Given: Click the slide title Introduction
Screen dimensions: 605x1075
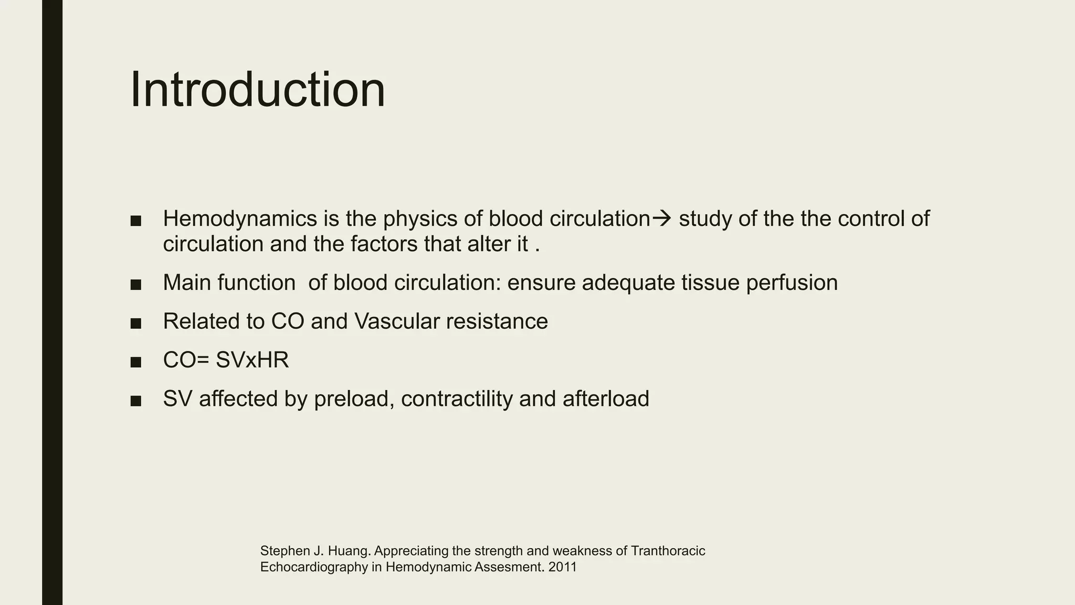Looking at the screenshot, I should tap(257, 90).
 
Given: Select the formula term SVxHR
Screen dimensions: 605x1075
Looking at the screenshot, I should tap(252, 360).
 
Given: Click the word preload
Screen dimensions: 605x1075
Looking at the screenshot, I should tap(354, 399).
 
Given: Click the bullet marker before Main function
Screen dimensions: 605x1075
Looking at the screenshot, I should tap(136, 285).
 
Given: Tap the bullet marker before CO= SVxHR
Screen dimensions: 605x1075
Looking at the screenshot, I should tap(136, 362).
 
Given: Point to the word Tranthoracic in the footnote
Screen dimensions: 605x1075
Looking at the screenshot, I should tap(668, 551).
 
